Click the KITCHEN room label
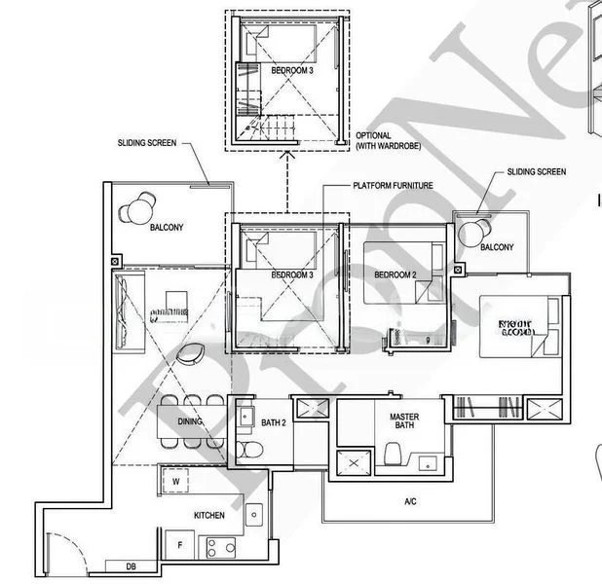click(209, 515)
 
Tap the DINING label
click(190, 421)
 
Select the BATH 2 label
click(273, 422)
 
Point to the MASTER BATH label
click(404, 421)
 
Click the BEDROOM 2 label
click(395, 275)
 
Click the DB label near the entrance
click(131, 566)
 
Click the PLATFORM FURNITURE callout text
click(394, 185)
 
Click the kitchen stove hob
click(218, 549)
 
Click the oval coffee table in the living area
click(192, 352)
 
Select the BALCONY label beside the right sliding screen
click(497, 247)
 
